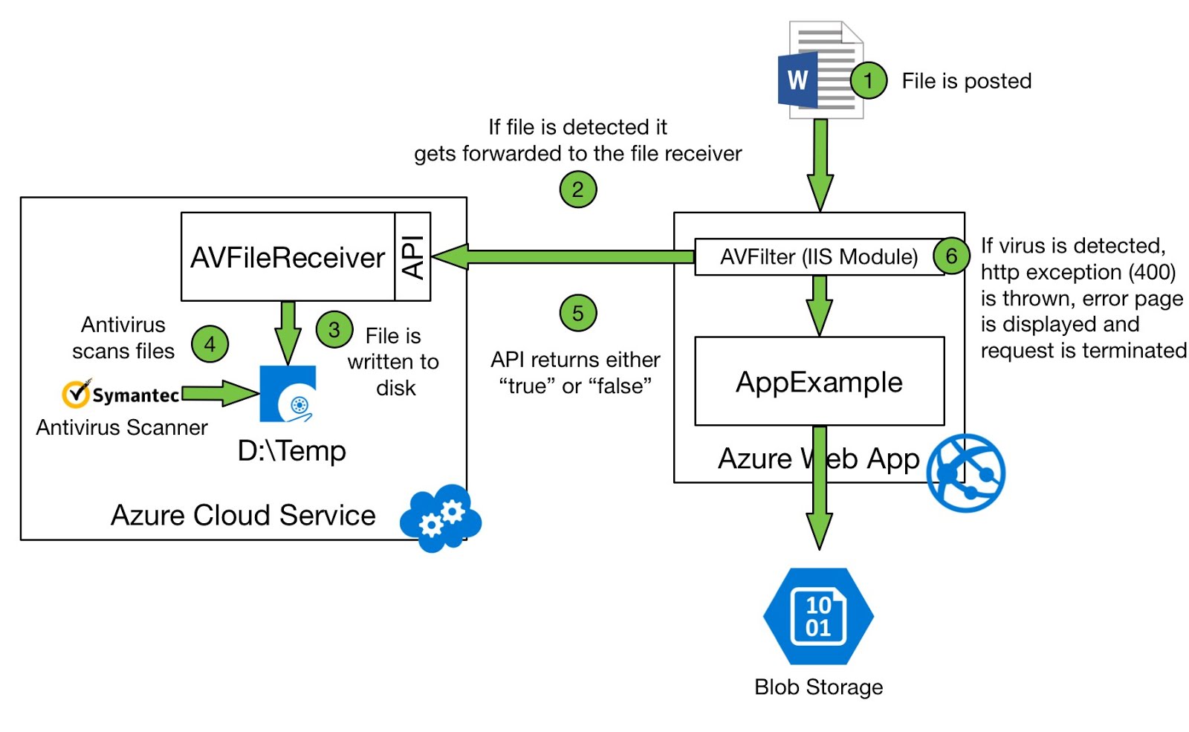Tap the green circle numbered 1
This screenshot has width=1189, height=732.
[x=868, y=80]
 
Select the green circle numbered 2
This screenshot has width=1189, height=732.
[x=577, y=190]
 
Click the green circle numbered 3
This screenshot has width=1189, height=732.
[x=334, y=329]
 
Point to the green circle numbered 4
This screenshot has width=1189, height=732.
[x=210, y=344]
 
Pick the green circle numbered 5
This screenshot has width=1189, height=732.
[x=577, y=313]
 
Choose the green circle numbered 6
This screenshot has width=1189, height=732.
[x=951, y=256]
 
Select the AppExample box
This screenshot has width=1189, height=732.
[x=819, y=381]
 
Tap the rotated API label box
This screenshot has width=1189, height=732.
[x=412, y=257]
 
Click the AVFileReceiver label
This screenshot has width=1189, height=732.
[x=288, y=258]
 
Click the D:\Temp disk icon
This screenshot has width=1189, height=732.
[x=288, y=394]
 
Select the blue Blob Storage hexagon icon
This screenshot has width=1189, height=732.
[x=818, y=616]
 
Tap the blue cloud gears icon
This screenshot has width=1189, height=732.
[x=441, y=518]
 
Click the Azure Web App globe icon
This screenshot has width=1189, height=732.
[x=966, y=473]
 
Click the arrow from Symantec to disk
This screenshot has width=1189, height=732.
[x=220, y=393]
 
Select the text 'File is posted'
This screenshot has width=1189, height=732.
[x=966, y=81]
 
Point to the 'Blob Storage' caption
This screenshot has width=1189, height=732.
[x=818, y=687]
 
